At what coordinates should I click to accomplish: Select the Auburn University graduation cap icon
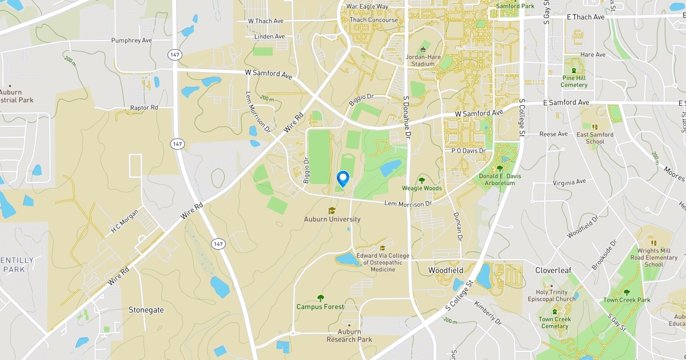[332, 211]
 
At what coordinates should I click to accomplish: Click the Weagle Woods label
[422, 188]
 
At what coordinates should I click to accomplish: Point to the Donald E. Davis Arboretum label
[500, 179]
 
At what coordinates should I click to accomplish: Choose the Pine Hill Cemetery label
[574, 81]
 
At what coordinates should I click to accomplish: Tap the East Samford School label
[595, 138]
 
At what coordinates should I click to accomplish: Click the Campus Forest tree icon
[320, 298]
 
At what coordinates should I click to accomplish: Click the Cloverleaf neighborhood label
[553, 270]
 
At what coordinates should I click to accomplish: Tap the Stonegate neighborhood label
[146, 310]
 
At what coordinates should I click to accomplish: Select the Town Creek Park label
[627, 300]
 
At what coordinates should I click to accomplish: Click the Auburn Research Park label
[349, 335]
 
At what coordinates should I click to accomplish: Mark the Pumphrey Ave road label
[131, 41]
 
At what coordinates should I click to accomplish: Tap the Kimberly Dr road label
[488, 313]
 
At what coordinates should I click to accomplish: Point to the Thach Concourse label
[374, 20]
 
